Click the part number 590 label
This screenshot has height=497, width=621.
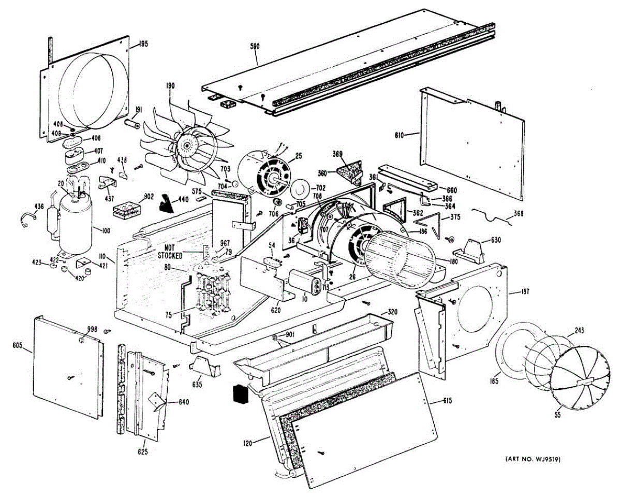pyautogui.click(x=255, y=46)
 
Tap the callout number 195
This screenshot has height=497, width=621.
pyautogui.click(x=143, y=44)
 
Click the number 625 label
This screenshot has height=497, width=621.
pyautogui.click(x=143, y=452)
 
